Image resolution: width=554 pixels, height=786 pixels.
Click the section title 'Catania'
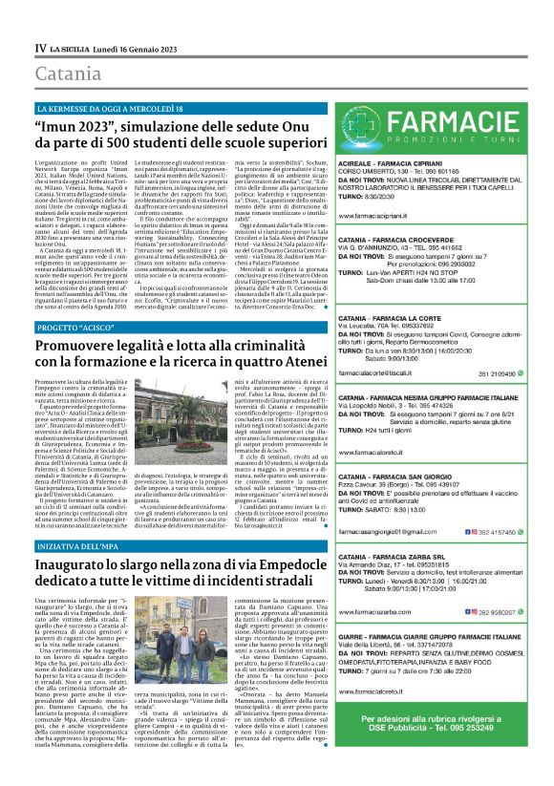pos(68,74)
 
